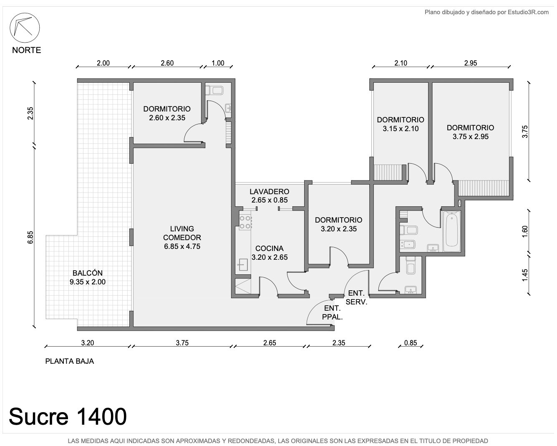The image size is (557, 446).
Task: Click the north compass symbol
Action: click(x=25, y=28)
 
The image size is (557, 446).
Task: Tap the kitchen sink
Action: click(x=243, y=265)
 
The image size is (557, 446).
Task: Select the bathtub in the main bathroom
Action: click(x=452, y=231)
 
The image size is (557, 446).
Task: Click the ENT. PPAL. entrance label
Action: click(x=333, y=312)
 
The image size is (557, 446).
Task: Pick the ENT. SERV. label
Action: click(x=356, y=297)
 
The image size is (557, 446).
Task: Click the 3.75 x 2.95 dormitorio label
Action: click(x=470, y=132)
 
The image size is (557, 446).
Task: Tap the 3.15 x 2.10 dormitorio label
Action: click(x=401, y=124)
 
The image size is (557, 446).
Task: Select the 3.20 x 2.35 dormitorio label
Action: click(x=338, y=224)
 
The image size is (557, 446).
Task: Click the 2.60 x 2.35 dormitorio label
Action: click(x=167, y=113)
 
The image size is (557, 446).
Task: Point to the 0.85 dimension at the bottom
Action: click(x=411, y=343)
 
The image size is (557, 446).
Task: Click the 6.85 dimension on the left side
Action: click(x=30, y=237)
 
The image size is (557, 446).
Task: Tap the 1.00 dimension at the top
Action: click(x=218, y=63)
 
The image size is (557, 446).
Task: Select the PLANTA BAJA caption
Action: click(x=69, y=361)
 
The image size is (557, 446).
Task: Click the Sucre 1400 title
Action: click(x=68, y=416)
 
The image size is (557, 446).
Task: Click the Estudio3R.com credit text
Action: click(x=528, y=12)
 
